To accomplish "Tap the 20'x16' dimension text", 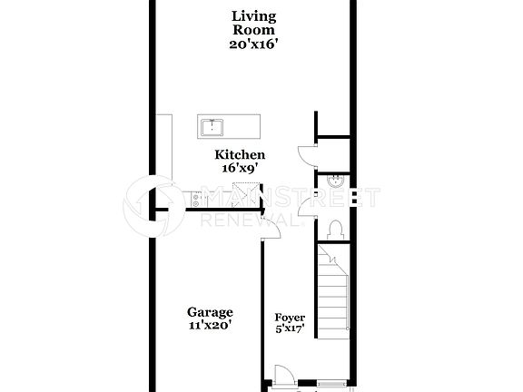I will [253, 43].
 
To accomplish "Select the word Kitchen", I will [240, 155].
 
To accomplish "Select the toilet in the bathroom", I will [334, 228].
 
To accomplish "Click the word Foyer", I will [290, 317].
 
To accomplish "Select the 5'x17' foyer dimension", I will [290, 329].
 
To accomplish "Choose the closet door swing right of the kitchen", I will [304, 154].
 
